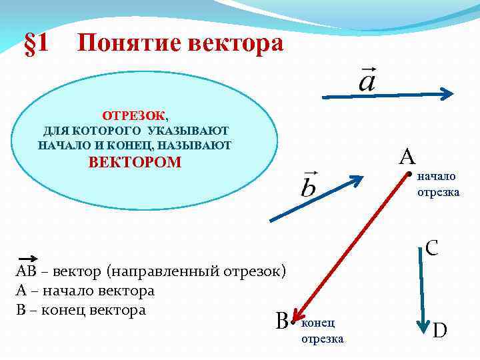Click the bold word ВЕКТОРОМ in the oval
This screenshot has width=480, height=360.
coord(135,162)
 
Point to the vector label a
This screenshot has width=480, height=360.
coord(367,81)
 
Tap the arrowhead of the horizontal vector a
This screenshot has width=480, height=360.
coord(449,94)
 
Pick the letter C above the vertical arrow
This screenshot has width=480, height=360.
coord(431,249)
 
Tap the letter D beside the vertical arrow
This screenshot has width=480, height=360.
coord(441,329)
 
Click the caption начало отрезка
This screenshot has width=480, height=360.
coord(437,185)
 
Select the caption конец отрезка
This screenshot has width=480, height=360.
coord(322,331)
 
